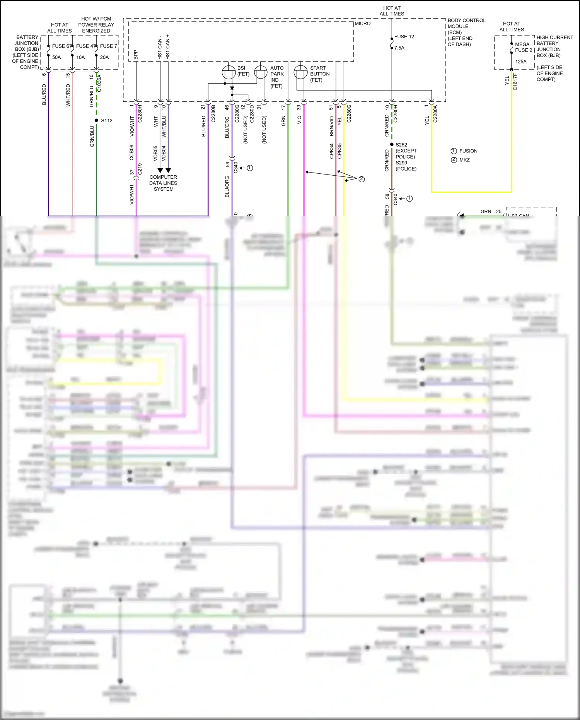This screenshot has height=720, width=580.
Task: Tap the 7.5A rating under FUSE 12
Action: click(399, 48)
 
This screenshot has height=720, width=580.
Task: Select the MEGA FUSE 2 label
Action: click(524, 47)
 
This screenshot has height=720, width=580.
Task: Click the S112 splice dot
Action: click(96, 120)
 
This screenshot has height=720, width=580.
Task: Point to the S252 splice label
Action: click(401, 145)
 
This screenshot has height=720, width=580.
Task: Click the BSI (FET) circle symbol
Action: click(229, 72)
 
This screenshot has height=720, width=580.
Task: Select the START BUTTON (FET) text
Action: click(319, 74)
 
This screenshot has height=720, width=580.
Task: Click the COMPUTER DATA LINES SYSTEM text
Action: click(163, 183)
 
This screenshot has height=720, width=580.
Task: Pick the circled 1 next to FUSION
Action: click(454, 151)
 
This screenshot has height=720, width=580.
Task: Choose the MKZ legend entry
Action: click(464, 160)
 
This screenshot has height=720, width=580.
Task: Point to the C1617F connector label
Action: click(515, 82)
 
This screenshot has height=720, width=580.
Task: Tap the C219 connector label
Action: click(140, 169)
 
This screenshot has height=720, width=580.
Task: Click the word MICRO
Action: click(362, 24)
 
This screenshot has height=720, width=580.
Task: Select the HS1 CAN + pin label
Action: click(168, 47)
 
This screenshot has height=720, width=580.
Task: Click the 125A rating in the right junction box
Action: click(520, 62)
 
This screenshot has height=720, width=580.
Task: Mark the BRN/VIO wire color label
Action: click(331, 126)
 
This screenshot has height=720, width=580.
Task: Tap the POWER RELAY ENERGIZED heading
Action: click(96, 27)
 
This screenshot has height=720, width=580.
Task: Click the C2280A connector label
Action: click(435, 114)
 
